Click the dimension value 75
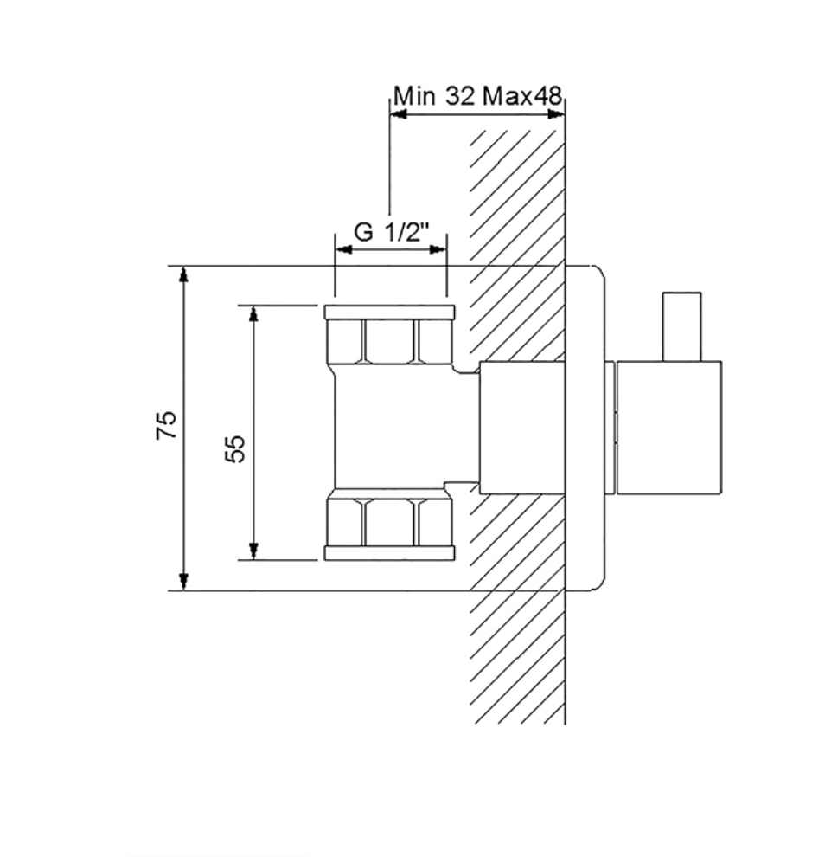[x=167, y=424]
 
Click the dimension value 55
[x=235, y=448]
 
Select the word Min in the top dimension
[x=415, y=96]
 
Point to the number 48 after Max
[x=547, y=96]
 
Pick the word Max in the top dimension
[x=508, y=96]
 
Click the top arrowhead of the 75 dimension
[x=184, y=274]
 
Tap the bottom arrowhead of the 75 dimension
[x=184, y=583]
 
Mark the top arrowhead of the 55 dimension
[x=253, y=313]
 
